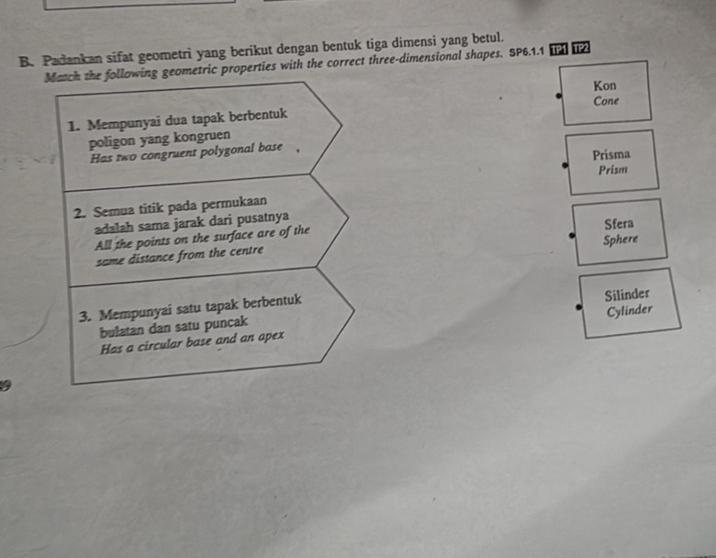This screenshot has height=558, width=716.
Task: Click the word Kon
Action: pyautogui.click(x=605, y=85)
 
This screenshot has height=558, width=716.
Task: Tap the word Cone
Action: pyautogui.click(x=606, y=101)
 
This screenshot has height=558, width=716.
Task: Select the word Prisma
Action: pyautogui.click(x=611, y=155)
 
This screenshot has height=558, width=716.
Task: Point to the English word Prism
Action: pyautogui.click(x=612, y=170)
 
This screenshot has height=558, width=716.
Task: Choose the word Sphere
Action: pyautogui.click(x=621, y=240)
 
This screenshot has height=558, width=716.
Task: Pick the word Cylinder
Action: pyautogui.click(x=630, y=310)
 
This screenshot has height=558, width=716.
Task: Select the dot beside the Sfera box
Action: pyautogui.click(x=571, y=235)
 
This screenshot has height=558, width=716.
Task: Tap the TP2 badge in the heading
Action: pyautogui.click(x=580, y=48)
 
